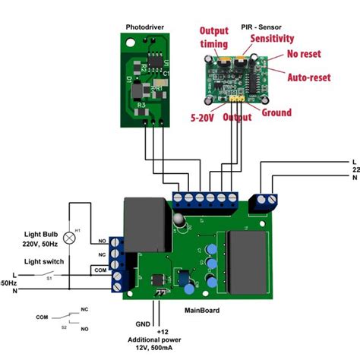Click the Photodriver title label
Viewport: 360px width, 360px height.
click(x=147, y=27)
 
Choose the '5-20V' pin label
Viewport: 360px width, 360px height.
click(x=203, y=118)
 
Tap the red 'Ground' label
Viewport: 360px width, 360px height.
click(x=276, y=112)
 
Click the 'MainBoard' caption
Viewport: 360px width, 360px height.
click(x=201, y=309)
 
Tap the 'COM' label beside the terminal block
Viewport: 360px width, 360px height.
click(x=99, y=269)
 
